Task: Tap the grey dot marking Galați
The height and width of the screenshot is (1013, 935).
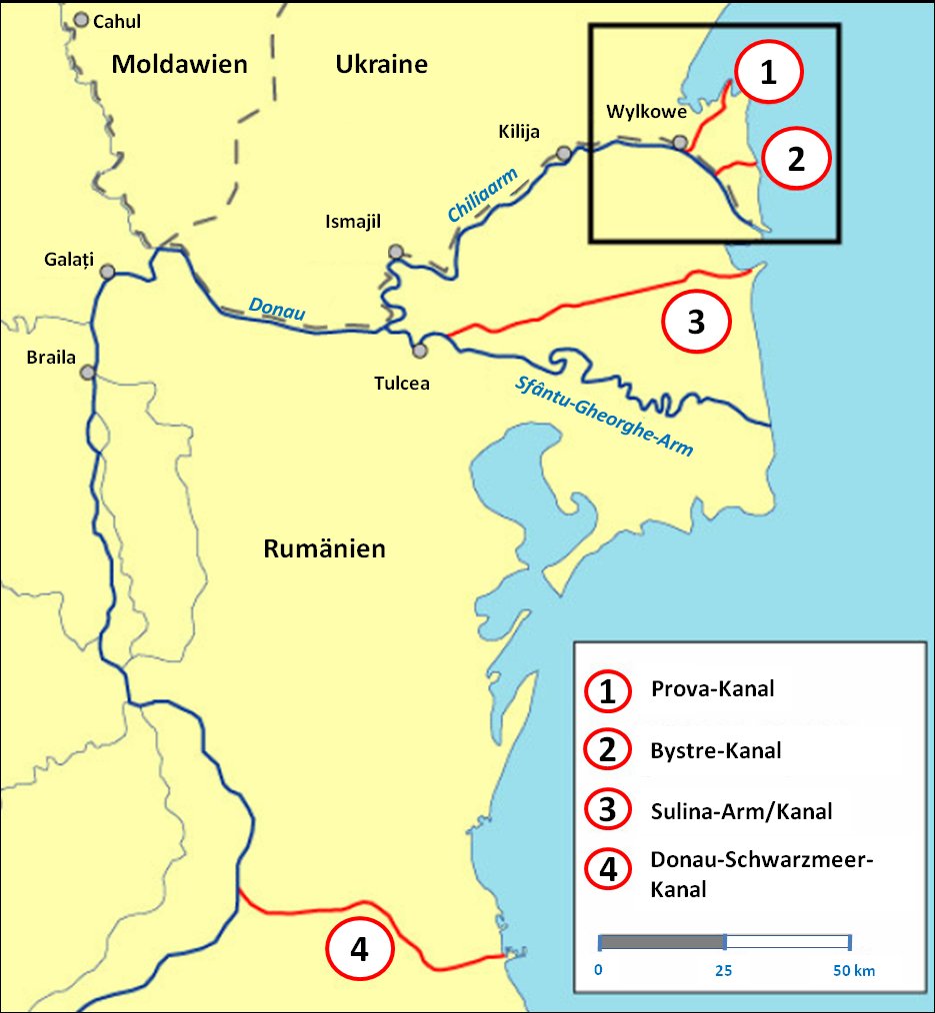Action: (107, 271)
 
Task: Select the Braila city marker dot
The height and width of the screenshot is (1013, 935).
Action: (88, 372)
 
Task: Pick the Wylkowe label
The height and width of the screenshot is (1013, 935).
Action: (637, 111)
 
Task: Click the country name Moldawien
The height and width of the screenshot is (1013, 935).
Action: (179, 65)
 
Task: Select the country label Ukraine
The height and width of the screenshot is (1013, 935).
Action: (381, 65)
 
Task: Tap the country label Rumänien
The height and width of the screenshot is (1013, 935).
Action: (324, 548)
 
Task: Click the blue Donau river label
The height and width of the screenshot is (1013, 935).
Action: (277, 309)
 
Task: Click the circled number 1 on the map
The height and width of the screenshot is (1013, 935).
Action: (768, 72)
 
